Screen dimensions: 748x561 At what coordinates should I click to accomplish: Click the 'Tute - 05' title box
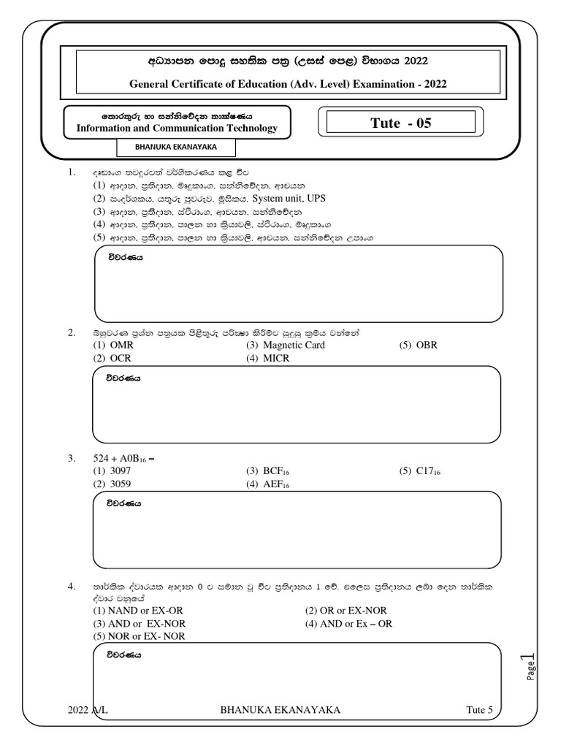(401, 123)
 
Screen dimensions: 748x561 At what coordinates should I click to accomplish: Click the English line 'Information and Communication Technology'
(178, 129)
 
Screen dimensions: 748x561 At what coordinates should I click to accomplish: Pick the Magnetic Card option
(286, 345)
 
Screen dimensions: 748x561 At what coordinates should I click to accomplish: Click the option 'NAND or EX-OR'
(139, 611)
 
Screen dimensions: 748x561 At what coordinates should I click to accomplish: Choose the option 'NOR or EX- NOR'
(139, 636)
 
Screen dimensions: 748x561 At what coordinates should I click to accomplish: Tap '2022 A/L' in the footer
(87, 709)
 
